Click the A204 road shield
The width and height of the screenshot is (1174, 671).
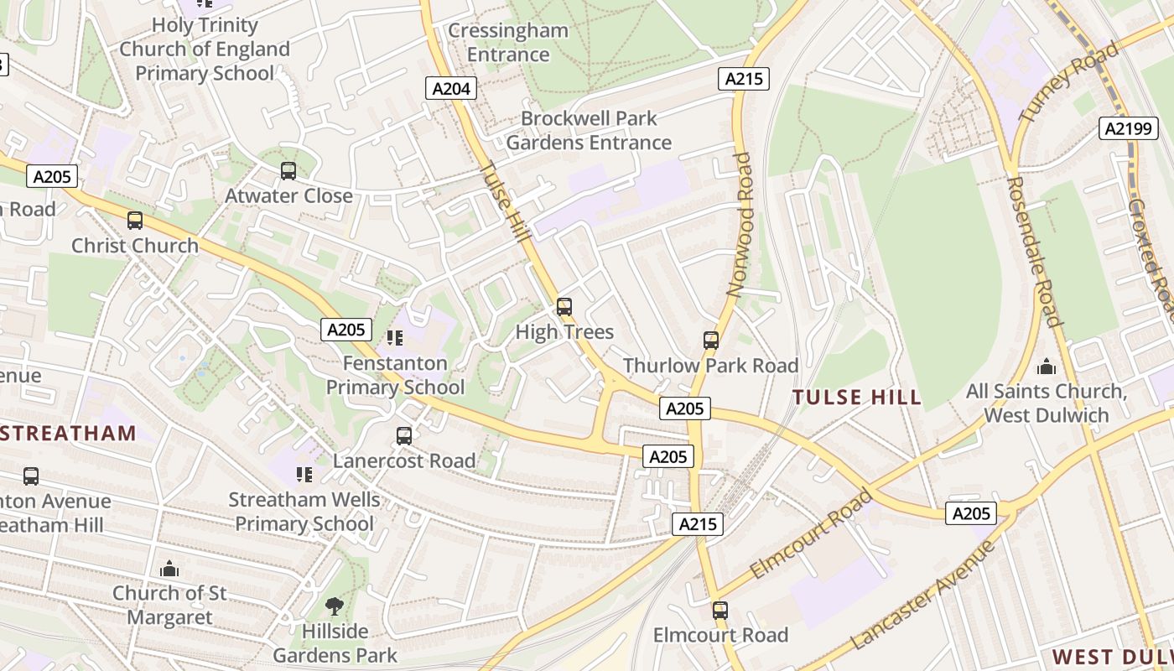click(452, 88)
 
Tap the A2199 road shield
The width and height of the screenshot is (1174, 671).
click(1130, 128)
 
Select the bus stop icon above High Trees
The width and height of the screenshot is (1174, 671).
click(564, 307)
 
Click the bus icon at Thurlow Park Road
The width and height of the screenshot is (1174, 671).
click(711, 340)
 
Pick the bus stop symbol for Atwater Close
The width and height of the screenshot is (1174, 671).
click(288, 171)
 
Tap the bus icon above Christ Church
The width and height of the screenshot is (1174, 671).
click(134, 221)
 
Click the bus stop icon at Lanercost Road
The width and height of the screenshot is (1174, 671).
click(404, 435)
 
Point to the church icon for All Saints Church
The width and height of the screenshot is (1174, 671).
click(1047, 367)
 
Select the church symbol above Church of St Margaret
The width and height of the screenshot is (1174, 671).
click(169, 569)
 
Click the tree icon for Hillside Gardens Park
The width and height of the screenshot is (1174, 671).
click(335, 606)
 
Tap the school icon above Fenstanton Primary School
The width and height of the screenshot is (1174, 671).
click(395, 338)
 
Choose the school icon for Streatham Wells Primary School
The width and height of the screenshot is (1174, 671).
click(304, 475)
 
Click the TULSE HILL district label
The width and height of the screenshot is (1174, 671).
click(857, 398)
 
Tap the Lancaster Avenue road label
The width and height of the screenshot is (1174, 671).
click(922, 596)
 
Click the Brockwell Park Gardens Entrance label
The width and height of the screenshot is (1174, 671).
click(589, 130)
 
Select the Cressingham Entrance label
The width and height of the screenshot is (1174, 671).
click(508, 43)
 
